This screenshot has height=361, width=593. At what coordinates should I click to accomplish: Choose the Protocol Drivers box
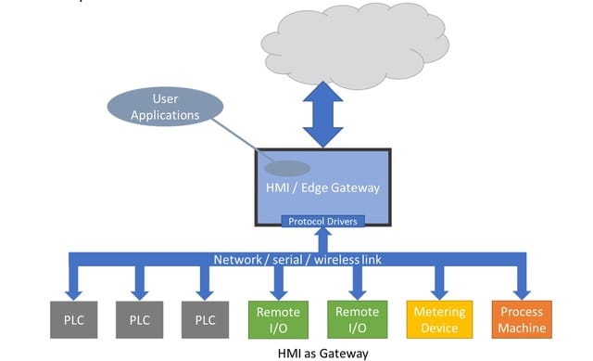pos(322,221)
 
